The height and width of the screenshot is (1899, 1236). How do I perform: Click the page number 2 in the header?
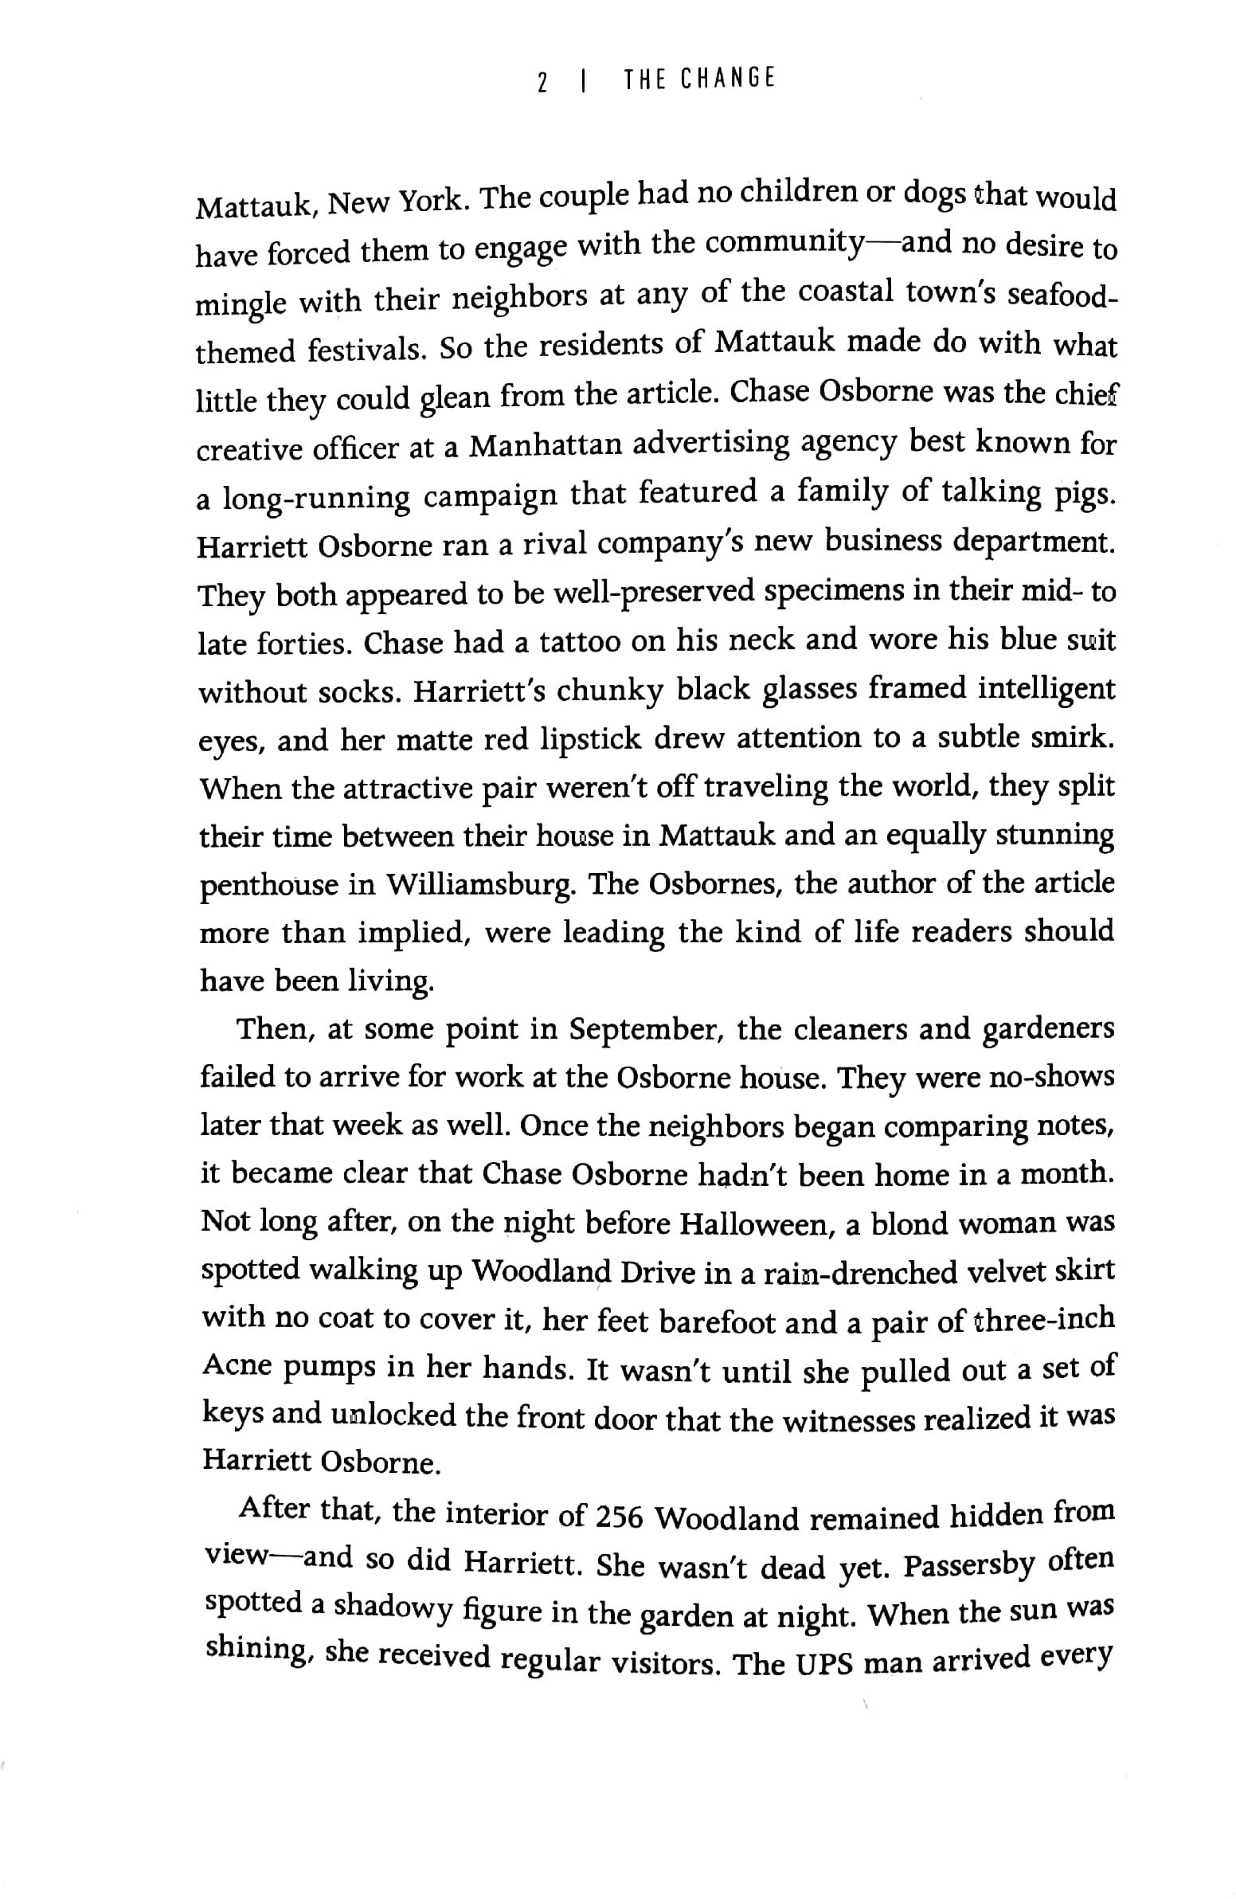[x=542, y=82]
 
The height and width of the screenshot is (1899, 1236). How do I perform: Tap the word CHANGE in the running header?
[x=727, y=79]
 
